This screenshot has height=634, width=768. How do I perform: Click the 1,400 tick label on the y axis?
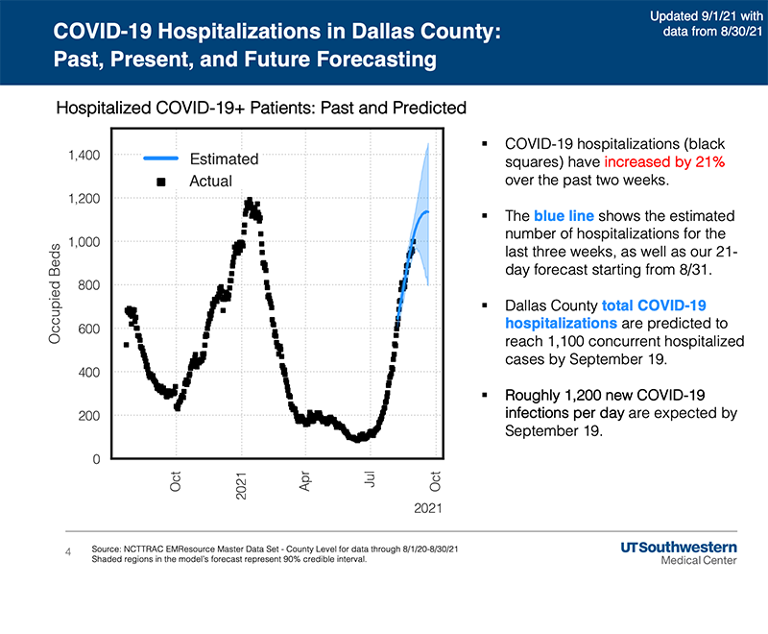click(84, 155)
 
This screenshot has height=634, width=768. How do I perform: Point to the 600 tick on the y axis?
click(90, 329)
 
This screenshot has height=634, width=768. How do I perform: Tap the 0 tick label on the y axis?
click(98, 459)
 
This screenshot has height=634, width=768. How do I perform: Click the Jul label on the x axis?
click(370, 480)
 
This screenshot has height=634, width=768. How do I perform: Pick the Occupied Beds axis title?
click(55, 294)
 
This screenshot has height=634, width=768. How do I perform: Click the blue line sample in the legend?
click(160, 158)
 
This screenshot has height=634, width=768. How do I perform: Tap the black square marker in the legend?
click(160, 181)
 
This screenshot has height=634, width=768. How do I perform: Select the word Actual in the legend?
click(210, 181)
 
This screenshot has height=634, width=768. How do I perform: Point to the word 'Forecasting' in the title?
click(353, 61)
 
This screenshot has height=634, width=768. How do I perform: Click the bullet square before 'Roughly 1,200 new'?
click(487, 396)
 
